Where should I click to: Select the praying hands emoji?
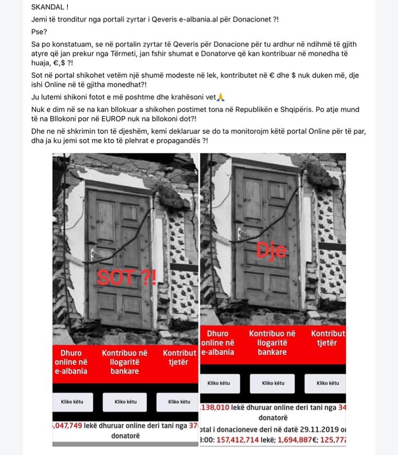click(220, 98)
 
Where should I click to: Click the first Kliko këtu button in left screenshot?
click(72, 402)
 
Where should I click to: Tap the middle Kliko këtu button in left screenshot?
click(126, 402)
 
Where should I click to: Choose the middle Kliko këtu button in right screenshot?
click(273, 383)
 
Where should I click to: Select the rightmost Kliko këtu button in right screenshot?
click(327, 383)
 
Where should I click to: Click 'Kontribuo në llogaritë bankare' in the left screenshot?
click(125, 362)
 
